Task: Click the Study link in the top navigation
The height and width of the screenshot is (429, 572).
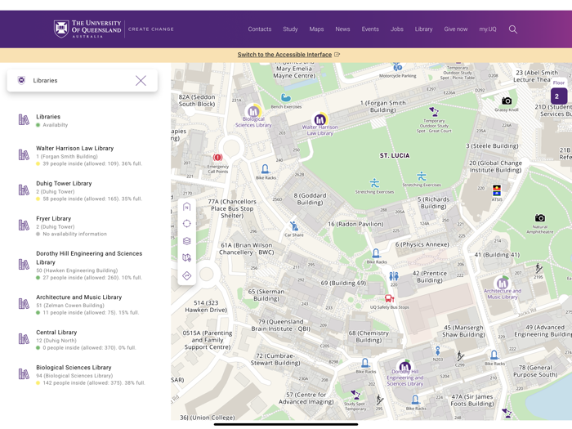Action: (290, 29)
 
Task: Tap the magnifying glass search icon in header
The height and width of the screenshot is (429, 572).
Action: (513, 29)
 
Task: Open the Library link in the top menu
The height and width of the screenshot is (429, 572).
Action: (423, 29)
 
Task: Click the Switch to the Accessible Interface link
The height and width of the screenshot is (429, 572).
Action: (284, 55)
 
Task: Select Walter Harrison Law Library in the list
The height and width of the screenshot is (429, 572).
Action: (74, 149)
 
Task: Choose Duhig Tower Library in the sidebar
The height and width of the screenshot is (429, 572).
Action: (64, 184)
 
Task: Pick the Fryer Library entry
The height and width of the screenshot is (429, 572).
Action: (53, 219)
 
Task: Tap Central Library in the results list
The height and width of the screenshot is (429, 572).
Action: (56, 333)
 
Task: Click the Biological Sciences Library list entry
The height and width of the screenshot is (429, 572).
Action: (74, 368)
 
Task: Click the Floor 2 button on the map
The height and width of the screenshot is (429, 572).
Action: (558, 96)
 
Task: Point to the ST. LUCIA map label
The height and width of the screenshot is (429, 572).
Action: (395, 155)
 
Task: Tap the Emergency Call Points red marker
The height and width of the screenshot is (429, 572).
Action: (217, 158)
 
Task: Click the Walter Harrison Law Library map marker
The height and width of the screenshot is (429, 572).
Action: (320, 119)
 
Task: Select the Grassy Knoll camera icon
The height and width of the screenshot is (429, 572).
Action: (507, 101)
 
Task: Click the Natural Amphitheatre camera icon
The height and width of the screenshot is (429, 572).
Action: (540, 218)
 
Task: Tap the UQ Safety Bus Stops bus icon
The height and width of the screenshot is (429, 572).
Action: (389, 298)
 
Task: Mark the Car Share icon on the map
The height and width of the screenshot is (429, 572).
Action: (294, 226)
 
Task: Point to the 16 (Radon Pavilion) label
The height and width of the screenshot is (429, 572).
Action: (355, 224)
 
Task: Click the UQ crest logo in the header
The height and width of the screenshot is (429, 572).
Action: (61, 29)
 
